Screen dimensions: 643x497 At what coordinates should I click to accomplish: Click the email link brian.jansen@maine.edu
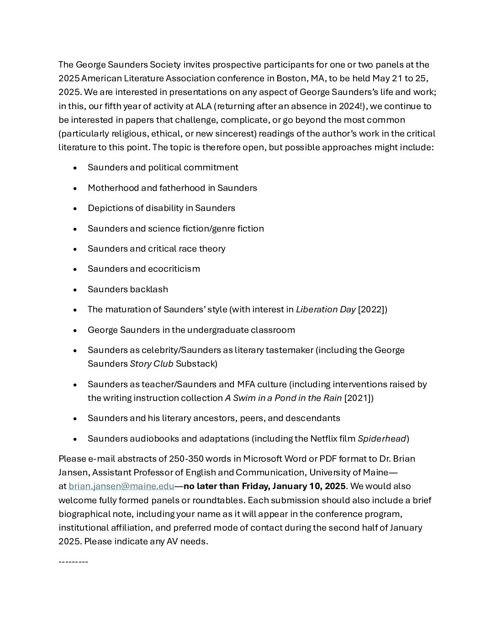[x=121, y=486]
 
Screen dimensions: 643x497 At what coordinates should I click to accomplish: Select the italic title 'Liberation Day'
[x=326, y=310]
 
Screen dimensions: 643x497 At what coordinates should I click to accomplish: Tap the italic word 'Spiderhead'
[x=382, y=439]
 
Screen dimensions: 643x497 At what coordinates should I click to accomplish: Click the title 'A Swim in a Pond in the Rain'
[x=283, y=398]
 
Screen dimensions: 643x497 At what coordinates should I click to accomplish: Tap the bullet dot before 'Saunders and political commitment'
[x=75, y=168]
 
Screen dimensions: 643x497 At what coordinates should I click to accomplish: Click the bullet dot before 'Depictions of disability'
[x=75, y=209]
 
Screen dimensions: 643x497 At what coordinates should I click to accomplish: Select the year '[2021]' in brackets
[x=359, y=398]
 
